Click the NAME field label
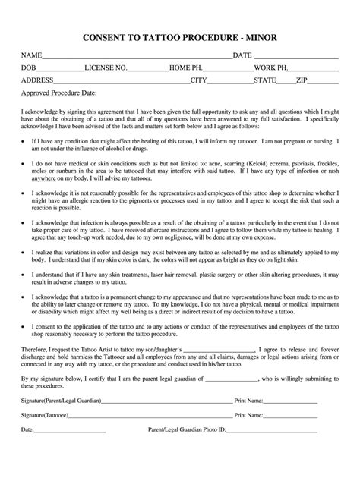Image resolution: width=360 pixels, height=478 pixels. tap(30, 56)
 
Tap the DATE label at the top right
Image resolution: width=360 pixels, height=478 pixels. tap(242, 56)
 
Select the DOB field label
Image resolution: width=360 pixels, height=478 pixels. tap(28, 68)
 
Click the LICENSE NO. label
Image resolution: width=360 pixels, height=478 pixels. tap(106, 68)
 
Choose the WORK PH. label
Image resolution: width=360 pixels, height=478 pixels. tap(270, 68)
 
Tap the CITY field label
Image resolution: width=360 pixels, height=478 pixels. tap(198, 79)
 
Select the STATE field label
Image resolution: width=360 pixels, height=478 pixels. tap(265, 79)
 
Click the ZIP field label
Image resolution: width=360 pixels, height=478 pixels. tap(302, 79)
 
